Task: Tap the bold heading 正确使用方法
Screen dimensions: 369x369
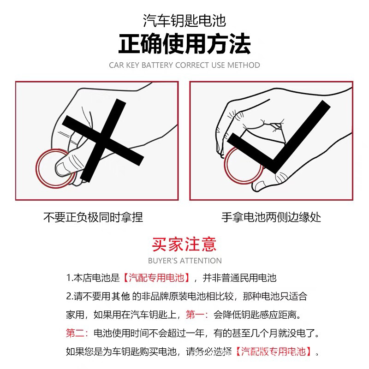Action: point(184,45)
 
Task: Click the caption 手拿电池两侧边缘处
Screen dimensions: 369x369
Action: point(271,217)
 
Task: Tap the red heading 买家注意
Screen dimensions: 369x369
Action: point(184,244)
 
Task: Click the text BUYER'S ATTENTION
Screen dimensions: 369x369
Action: point(184,261)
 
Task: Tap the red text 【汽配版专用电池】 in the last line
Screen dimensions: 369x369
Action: point(275,351)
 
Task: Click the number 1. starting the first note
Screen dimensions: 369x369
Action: point(70,278)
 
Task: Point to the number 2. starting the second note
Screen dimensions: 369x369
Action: point(70,296)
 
